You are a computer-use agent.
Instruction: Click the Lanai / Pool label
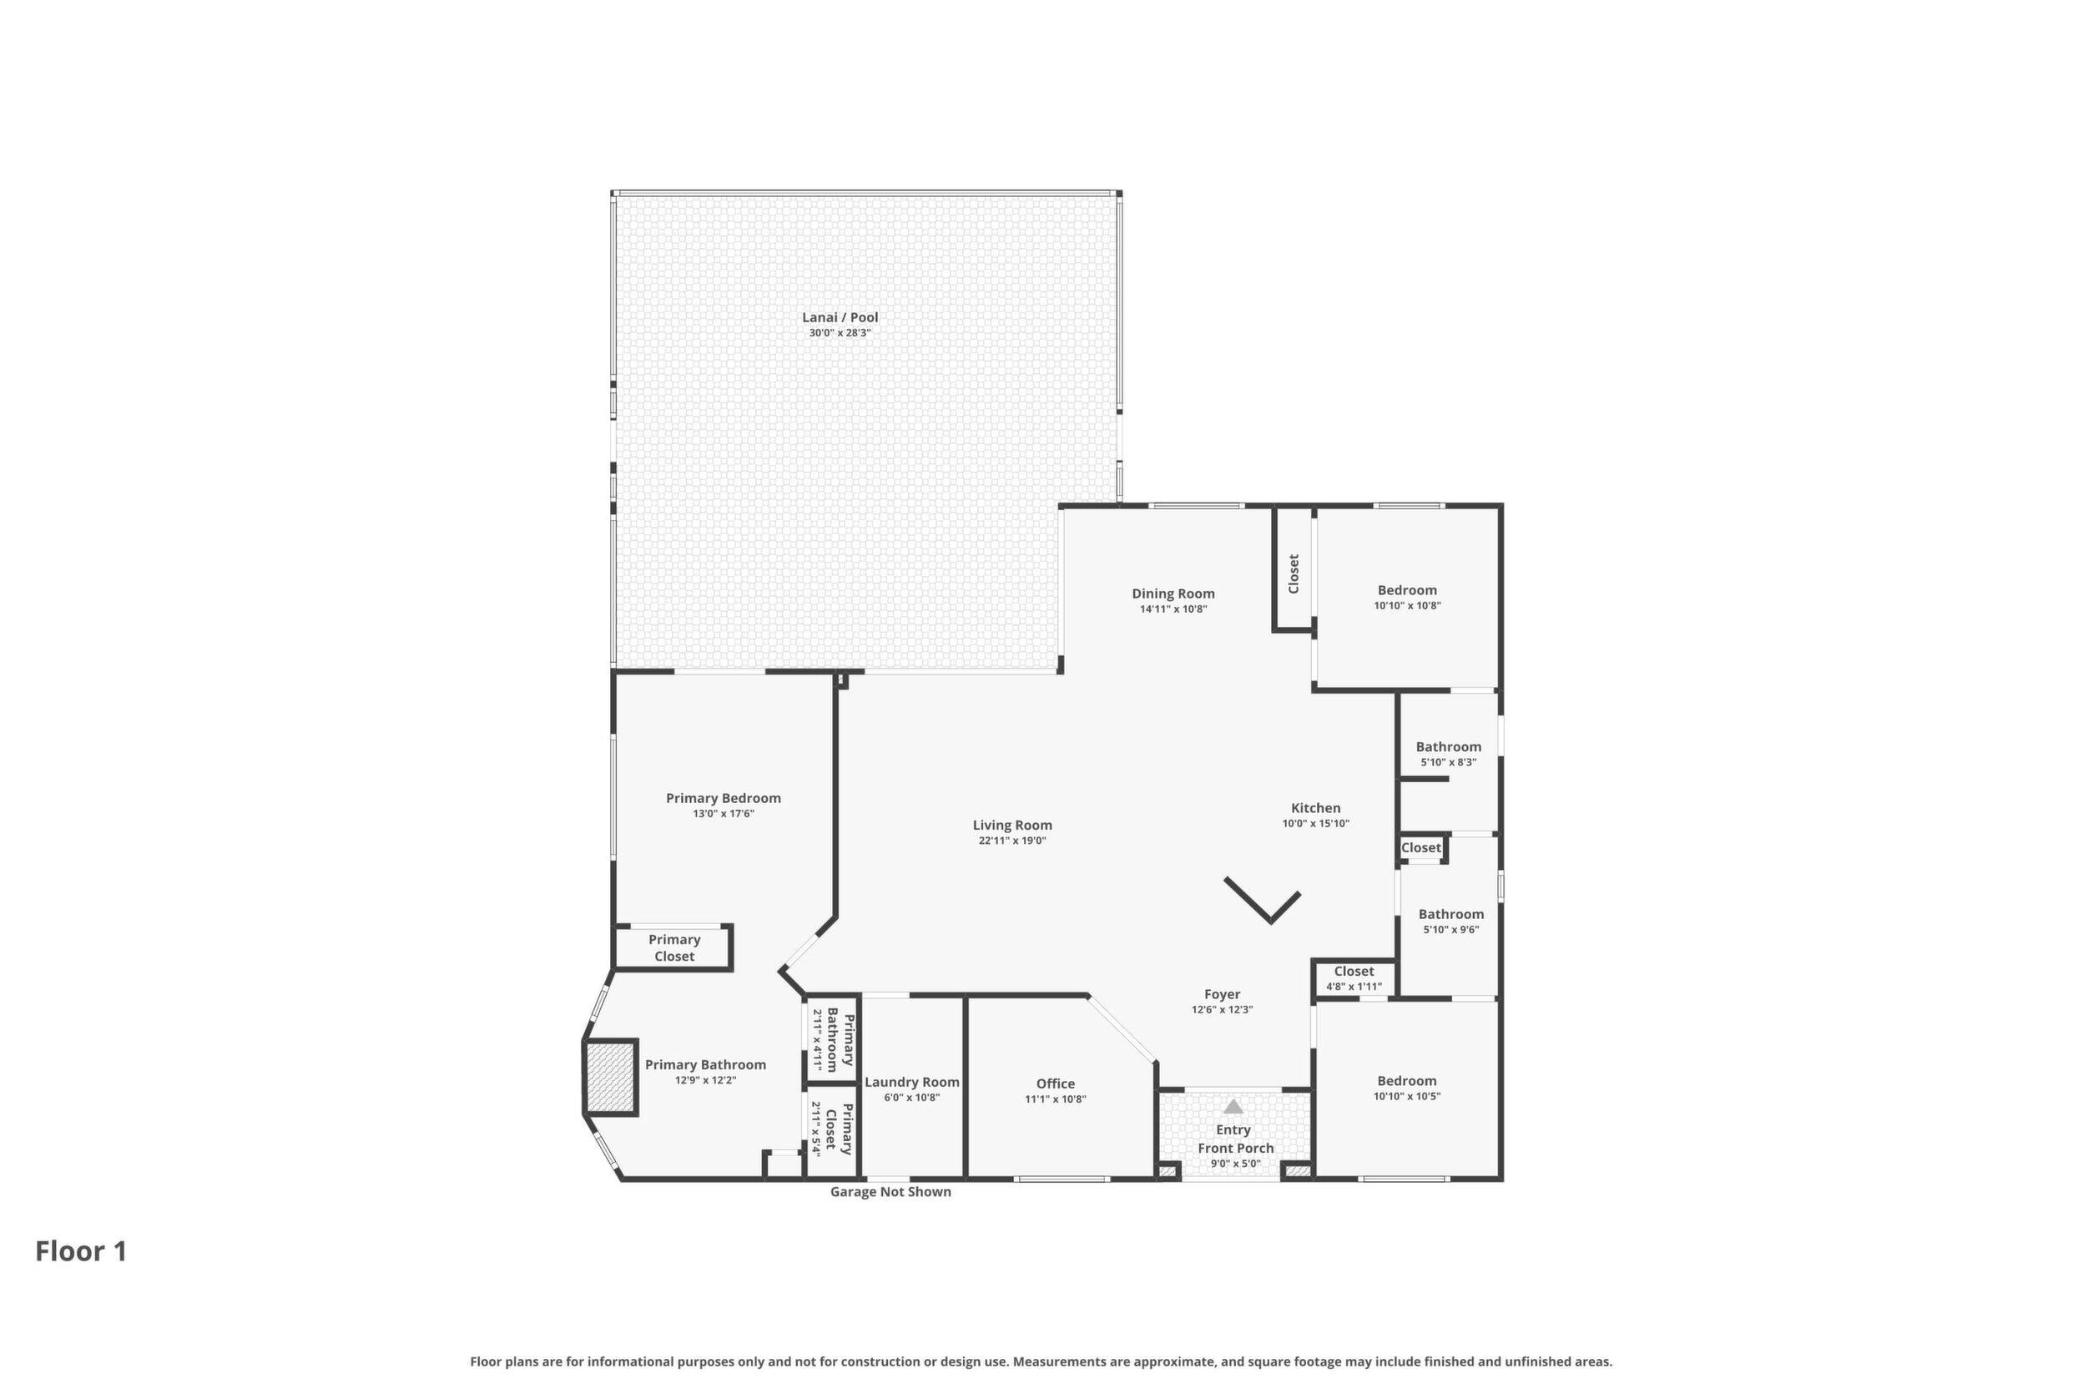coord(840,317)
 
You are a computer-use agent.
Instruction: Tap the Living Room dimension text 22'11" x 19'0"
coord(1012,841)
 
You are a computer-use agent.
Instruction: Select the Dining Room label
coord(1173,593)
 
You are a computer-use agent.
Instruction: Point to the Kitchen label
coord(1316,808)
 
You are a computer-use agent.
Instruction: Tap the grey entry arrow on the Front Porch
coord(1233,1106)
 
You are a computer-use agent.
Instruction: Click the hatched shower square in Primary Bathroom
coord(610,1077)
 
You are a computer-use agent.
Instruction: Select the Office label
coord(1056,1083)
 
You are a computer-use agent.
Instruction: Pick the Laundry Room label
coord(912,1082)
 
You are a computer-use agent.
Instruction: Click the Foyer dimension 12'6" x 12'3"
coord(1222,1010)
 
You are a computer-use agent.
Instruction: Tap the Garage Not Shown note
coord(891,1192)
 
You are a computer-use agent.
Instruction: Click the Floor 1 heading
coord(82,1252)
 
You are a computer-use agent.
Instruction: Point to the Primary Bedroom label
coord(724,798)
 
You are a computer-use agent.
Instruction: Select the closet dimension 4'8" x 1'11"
coord(1354,987)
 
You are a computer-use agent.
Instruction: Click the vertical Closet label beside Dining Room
coord(1294,573)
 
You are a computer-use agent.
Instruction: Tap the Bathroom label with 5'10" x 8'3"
coord(1449,747)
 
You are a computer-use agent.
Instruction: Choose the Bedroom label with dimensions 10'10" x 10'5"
coord(1407,1081)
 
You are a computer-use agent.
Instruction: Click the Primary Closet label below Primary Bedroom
coord(674,948)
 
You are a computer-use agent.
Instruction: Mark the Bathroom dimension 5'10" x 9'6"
coord(1451,930)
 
